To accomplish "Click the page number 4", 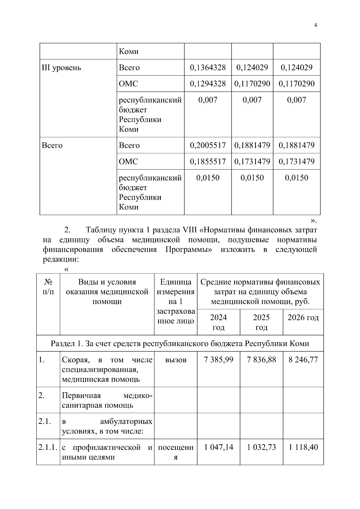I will [x=315, y=25].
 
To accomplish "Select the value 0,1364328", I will [x=208, y=67].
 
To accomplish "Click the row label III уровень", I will [x=61, y=68].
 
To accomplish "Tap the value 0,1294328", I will [x=208, y=84].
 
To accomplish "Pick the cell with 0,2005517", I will [x=208, y=145].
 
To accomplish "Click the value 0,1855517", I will [x=208, y=162].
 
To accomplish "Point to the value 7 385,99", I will [x=218, y=360].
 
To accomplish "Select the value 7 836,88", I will [x=261, y=360].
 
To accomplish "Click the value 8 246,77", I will [x=303, y=360].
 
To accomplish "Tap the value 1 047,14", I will [x=218, y=448].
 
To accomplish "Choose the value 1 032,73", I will [x=261, y=448].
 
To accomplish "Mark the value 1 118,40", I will [x=303, y=448].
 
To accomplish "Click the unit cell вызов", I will [x=175, y=360].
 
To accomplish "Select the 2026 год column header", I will [x=303, y=318].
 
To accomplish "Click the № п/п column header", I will [x=48, y=287].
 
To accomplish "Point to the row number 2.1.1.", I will [x=48, y=448].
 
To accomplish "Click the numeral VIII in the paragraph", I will [x=189, y=230].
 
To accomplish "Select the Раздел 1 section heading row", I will [x=180, y=343].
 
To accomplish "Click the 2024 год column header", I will [x=218, y=322].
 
